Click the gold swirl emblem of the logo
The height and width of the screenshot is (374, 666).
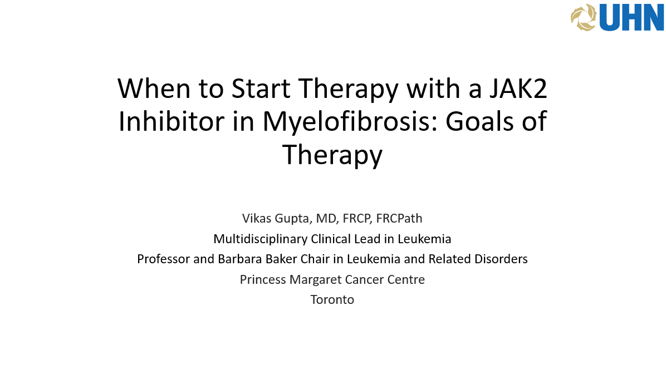(x=584, y=17)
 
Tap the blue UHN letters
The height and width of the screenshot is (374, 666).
(x=631, y=18)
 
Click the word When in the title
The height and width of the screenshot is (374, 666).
(x=154, y=88)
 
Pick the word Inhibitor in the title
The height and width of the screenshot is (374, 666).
(x=171, y=121)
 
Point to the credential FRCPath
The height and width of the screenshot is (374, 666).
(x=399, y=218)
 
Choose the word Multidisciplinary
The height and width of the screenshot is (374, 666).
(x=261, y=239)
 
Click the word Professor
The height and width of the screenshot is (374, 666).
(x=164, y=259)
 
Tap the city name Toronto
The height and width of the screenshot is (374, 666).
(x=332, y=300)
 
